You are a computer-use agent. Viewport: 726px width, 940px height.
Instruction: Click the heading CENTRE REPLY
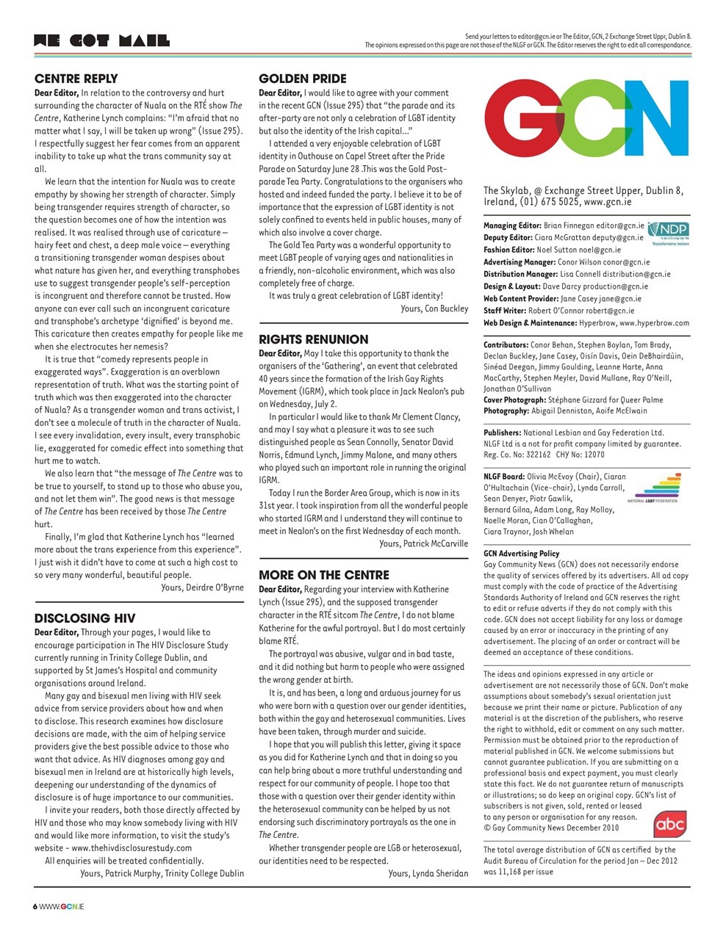(76, 79)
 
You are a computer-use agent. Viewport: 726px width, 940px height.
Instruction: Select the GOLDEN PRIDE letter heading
(303, 79)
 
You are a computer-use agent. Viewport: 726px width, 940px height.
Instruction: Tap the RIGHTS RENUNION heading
(314, 339)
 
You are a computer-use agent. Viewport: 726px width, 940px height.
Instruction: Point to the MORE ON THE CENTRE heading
(324, 575)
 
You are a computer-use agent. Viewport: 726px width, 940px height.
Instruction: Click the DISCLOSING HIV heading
(85, 618)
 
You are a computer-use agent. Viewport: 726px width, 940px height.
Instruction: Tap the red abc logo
(669, 825)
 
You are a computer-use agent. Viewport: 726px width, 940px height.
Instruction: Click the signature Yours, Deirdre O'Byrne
(202, 587)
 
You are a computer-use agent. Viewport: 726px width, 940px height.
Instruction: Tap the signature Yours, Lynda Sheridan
(428, 874)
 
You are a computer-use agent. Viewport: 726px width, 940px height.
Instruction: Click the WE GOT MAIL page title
(102, 40)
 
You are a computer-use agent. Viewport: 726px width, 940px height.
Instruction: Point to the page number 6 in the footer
(35, 907)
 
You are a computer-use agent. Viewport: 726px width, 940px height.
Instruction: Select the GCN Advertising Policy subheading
(521, 554)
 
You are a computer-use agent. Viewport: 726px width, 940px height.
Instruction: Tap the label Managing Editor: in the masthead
(512, 226)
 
